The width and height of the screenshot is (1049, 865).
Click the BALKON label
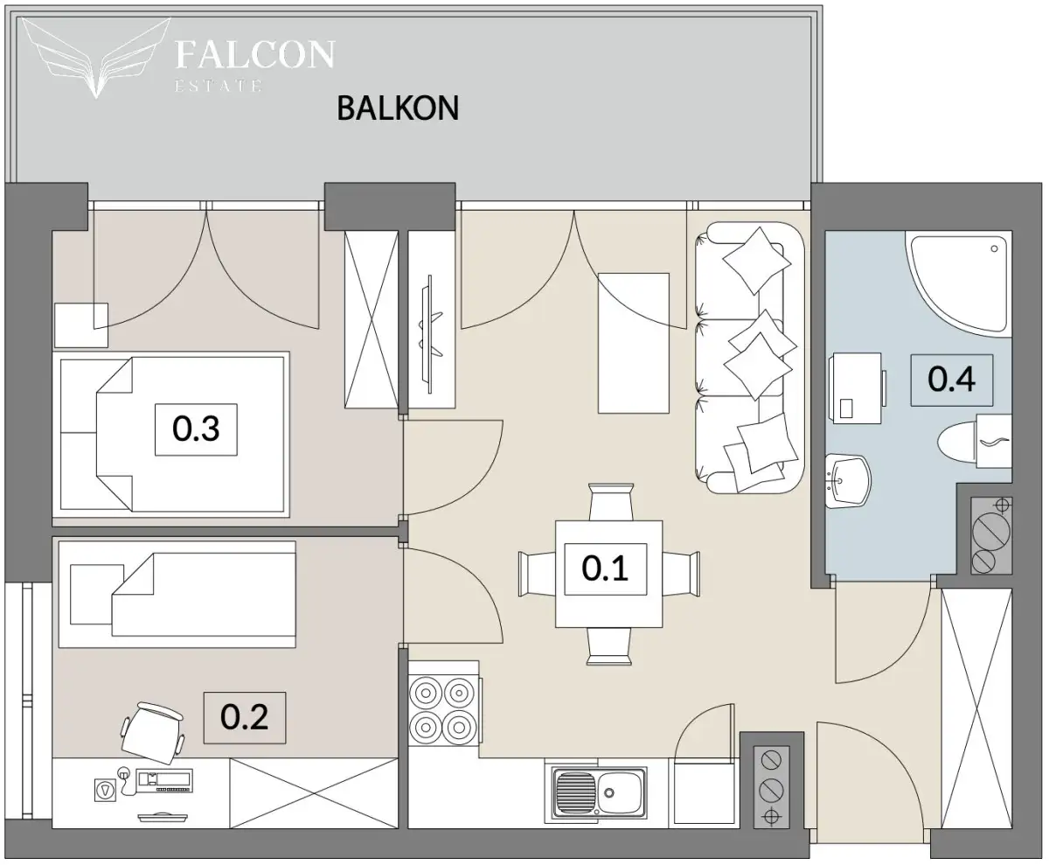tap(398, 108)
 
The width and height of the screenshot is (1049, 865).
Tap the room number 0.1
tap(605, 569)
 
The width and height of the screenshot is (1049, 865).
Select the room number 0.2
tap(244, 717)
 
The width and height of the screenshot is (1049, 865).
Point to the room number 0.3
tap(196, 429)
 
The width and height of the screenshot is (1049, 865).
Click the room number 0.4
tap(952, 380)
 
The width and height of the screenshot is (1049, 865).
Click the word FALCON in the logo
tap(254, 54)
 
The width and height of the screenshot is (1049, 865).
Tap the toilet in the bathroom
tap(974, 442)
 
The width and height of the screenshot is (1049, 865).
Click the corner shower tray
tap(959, 283)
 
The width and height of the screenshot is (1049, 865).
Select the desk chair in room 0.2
tap(152, 732)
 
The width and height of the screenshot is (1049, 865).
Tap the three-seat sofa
tap(749, 358)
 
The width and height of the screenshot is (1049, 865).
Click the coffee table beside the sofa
tap(633, 343)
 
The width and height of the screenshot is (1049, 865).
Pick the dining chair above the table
tap(610, 502)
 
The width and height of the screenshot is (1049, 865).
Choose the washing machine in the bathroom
tap(857, 388)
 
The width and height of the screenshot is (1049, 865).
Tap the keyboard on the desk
tap(164, 780)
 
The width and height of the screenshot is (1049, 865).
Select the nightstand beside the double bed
tap(81, 325)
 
